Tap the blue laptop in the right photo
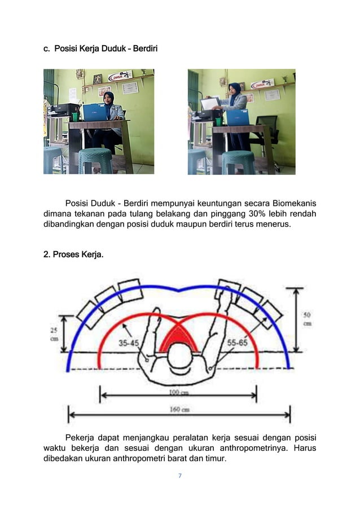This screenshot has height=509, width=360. point(238,117)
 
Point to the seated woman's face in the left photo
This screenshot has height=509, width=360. point(108,98)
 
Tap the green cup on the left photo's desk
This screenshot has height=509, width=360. point(75,117)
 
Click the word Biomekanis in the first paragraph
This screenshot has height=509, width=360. point(294,203)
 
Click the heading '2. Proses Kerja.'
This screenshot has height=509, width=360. point(73,254)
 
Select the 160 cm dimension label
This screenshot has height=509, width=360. point(179,410)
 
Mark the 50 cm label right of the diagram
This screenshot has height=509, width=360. point(307,319)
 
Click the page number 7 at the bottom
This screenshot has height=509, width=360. point(179,476)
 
